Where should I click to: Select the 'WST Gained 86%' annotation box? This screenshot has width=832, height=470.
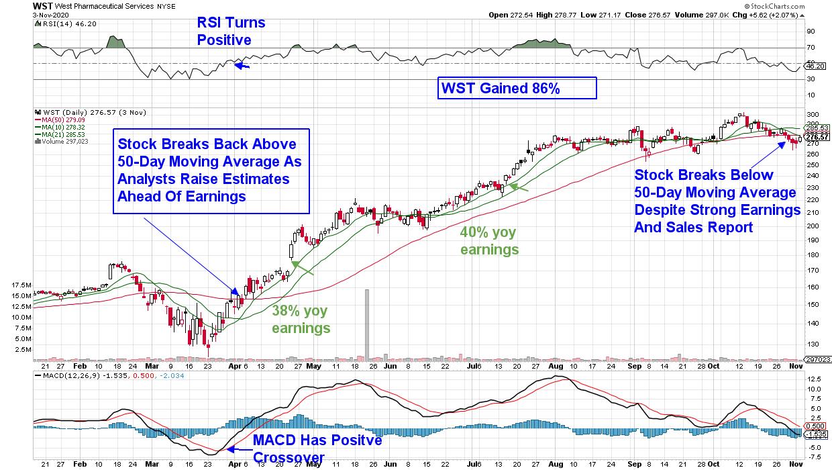[x=517, y=88]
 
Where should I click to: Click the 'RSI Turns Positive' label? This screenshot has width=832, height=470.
[x=231, y=32]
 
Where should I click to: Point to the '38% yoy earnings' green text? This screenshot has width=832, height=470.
[x=301, y=320]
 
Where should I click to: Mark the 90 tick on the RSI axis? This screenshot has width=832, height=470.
[x=811, y=31]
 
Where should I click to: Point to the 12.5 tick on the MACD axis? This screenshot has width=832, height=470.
[x=814, y=379]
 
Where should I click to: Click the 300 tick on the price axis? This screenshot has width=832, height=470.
[x=812, y=114]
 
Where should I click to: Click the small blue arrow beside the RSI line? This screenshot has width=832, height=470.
[x=242, y=66]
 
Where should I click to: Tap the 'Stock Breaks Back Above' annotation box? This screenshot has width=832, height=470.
[x=211, y=171]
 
